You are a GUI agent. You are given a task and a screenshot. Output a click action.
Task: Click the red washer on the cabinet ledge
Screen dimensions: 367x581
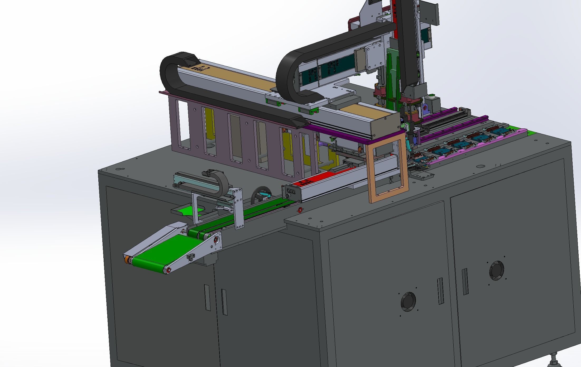(300, 210)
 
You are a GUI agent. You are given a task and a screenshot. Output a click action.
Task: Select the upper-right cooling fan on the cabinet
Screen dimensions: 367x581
(496, 270)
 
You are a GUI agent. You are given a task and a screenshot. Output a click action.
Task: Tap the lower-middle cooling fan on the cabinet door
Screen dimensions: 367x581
(408, 302)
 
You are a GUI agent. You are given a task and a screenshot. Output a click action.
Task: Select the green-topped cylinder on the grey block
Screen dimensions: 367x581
(511, 95)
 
